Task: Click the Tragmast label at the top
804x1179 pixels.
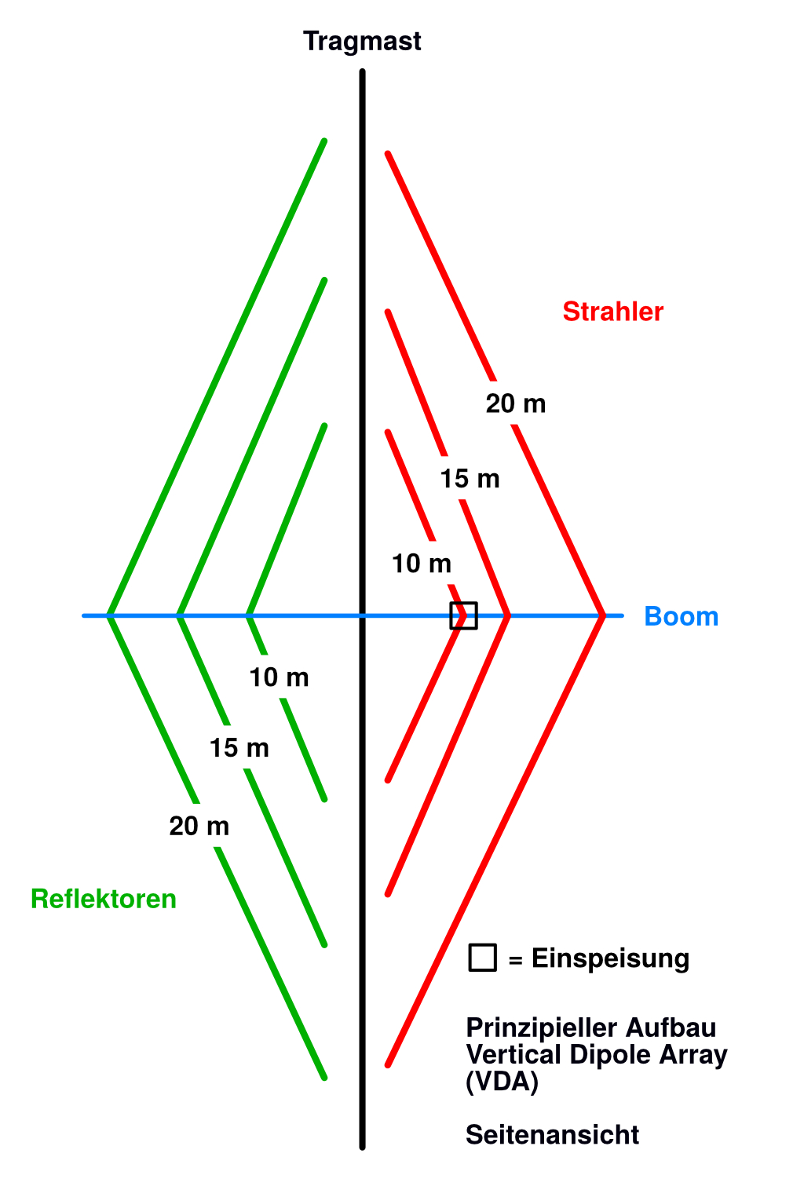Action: (x=362, y=41)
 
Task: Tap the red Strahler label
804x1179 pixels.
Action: (x=612, y=312)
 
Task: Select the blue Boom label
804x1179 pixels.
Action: (x=681, y=616)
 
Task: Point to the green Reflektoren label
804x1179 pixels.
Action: (x=103, y=899)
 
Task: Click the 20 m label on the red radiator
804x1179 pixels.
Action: (x=515, y=403)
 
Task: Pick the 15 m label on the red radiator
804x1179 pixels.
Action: (x=470, y=478)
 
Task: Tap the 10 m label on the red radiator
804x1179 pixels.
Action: (x=422, y=563)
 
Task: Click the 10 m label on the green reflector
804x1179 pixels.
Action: (x=279, y=677)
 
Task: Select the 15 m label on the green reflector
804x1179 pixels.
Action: (x=239, y=748)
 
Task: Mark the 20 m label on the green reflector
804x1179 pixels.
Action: (x=199, y=826)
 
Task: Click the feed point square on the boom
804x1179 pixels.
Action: (x=463, y=615)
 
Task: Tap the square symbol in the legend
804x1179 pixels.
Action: (x=482, y=958)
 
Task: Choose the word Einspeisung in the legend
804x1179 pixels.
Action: (x=610, y=958)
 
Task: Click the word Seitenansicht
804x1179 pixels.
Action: (x=552, y=1135)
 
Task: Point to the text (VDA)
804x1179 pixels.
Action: (x=502, y=1082)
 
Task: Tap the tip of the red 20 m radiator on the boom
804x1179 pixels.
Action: (x=602, y=615)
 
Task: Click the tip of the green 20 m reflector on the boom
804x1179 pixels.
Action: (x=109, y=615)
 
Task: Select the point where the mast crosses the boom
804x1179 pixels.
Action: (x=362, y=615)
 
